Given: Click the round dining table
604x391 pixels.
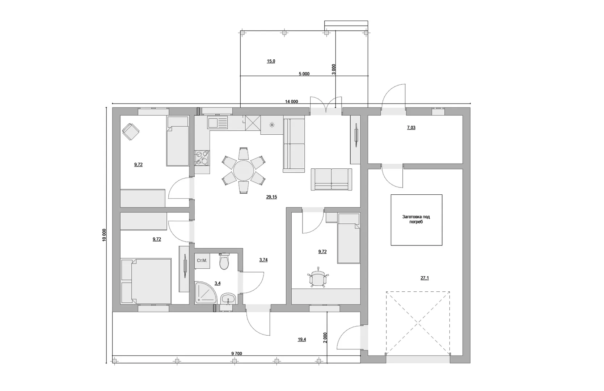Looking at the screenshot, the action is coord(244,171).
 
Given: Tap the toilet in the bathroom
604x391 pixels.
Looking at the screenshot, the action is coord(224,261).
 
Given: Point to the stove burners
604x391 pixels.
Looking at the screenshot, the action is coord(202,157).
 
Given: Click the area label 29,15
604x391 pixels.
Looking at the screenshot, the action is coord(271,197).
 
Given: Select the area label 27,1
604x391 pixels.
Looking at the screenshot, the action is coord(425,278).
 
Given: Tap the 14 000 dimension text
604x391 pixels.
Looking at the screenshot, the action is coord(291,102).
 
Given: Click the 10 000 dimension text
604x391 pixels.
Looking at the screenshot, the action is coord(104,235).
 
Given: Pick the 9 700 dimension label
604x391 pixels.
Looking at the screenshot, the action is coord(236,353).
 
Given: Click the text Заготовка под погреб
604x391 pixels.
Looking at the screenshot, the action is coord(416,219).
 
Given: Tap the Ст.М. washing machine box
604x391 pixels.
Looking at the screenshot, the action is coord(202,261).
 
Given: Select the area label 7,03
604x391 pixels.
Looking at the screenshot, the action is coord(411,128).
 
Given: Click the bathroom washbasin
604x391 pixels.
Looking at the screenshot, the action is coord(228,299).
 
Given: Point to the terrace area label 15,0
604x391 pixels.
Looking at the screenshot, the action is coord(271,61).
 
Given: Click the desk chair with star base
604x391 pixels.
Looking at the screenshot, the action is coord(318,277).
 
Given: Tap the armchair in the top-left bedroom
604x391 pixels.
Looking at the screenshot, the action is coord(131,132).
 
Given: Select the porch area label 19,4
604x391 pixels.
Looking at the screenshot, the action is coord(302,340).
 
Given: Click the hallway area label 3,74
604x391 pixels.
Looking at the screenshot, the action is coord(263,260).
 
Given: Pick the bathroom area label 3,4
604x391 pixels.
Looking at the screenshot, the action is coord(217,283).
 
